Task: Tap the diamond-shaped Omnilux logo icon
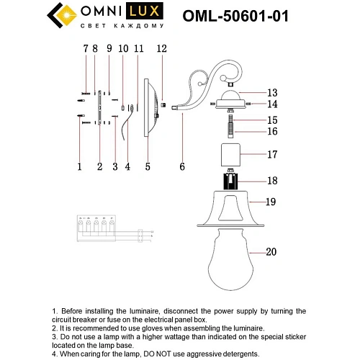[60, 15]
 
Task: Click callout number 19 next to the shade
[271, 203]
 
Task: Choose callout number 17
[271, 154]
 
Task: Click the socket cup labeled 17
[231, 154]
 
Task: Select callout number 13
[271, 93]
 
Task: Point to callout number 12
[161, 49]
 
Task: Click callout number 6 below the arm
[182, 166]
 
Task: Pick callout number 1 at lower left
[79, 166]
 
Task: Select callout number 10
[122, 49]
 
